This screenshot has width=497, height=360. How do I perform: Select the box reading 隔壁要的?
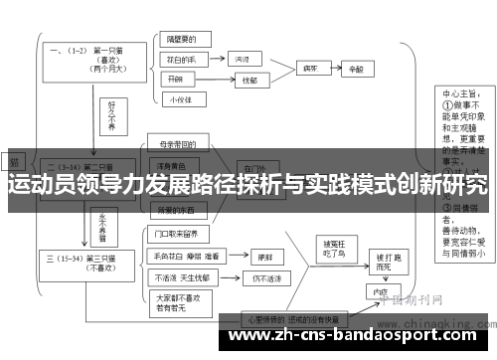coord(182,42)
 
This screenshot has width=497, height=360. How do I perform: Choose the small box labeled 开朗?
coord(176,79)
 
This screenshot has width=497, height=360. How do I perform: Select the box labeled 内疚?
coord(379,293)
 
